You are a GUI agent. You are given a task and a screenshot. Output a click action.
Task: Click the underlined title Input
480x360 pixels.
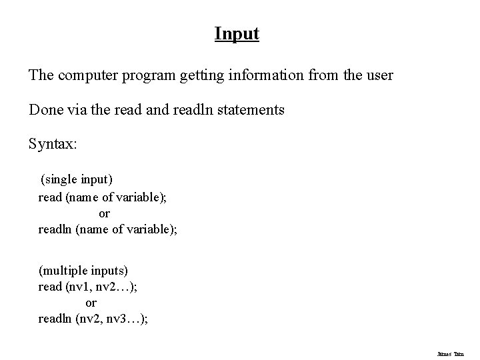237,33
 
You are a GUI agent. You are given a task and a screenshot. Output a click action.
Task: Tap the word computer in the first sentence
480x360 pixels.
87,75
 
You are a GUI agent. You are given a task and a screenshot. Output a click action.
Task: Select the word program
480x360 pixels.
150,75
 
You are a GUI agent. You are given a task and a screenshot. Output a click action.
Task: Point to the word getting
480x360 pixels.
201,75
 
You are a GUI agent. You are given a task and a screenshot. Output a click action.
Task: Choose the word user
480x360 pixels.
379,75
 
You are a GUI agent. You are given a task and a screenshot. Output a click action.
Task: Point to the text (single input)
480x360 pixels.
77,179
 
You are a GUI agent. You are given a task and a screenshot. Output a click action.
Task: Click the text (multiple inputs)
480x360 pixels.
83,271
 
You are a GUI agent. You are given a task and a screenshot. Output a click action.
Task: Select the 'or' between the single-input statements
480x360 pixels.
104,214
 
